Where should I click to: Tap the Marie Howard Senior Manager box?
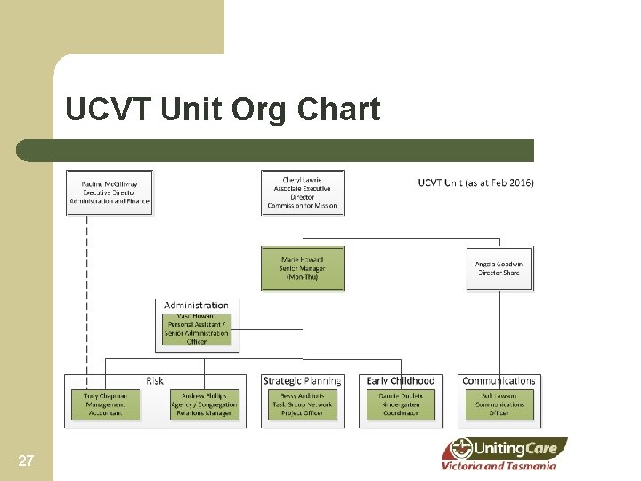pos(302,268)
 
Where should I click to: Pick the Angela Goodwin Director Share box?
pos(499,268)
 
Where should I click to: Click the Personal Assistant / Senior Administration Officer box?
pos(197,330)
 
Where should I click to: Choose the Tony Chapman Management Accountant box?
pos(105,404)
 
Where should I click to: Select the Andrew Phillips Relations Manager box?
pos(205,404)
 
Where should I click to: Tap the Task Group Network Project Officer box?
pos(302,404)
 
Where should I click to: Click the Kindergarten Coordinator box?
pos(400,404)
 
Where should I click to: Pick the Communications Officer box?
pos(499,404)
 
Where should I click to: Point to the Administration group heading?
pos(196,306)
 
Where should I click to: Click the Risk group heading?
pos(155,381)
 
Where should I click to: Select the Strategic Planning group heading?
pos(303,381)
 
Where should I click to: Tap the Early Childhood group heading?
pos(400,381)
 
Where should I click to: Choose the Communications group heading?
pos(499,381)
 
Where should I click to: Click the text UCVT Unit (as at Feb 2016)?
pos(475,183)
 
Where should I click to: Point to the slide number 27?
pos(26,461)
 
